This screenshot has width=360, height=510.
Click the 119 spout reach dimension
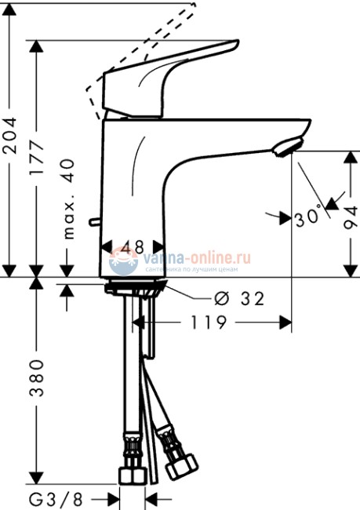(208, 322)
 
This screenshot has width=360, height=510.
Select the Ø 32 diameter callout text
(238, 299)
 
